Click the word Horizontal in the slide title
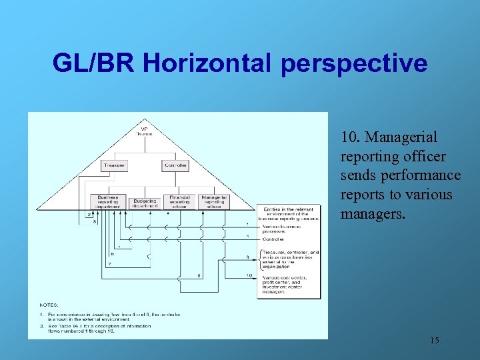click(x=206, y=63)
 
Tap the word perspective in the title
click(x=354, y=63)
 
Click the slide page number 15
click(x=434, y=341)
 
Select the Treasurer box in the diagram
click(x=114, y=165)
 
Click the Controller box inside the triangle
click(x=175, y=165)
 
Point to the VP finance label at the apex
click(x=144, y=131)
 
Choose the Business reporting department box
click(x=107, y=201)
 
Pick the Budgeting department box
click(x=144, y=202)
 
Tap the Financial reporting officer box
click(x=179, y=201)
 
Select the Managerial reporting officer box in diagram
click(x=214, y=201)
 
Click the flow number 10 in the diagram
click(x=249, y=275)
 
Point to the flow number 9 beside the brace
click(x=247, y=257)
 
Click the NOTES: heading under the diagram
click(x=49, y=305)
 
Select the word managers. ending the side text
click(x=369, y=214)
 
